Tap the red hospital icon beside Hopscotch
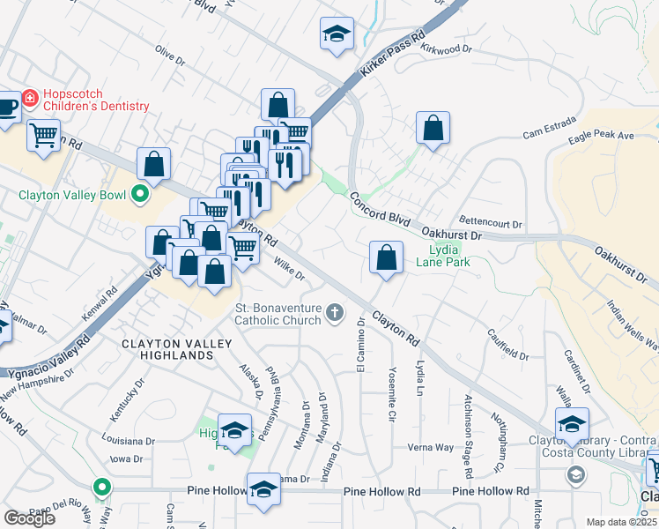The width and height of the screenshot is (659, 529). pos(30,97)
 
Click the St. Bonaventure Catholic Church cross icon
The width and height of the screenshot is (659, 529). pos(335,311)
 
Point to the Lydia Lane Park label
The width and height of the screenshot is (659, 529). pos(443,256)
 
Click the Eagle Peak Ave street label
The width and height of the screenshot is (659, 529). pos(602,136)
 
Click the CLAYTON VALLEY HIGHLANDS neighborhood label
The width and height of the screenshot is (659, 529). pos(167,348)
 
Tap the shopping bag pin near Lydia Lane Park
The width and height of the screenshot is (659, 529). pos(385,257)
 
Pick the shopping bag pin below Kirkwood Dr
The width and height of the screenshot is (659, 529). pos(433,128)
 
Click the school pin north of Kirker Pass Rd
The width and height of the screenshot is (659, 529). pos(336,34)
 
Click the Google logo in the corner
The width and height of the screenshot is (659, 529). pos(29,518)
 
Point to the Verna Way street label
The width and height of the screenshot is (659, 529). pos(431,447)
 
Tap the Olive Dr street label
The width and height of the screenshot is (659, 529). pos(170,56)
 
